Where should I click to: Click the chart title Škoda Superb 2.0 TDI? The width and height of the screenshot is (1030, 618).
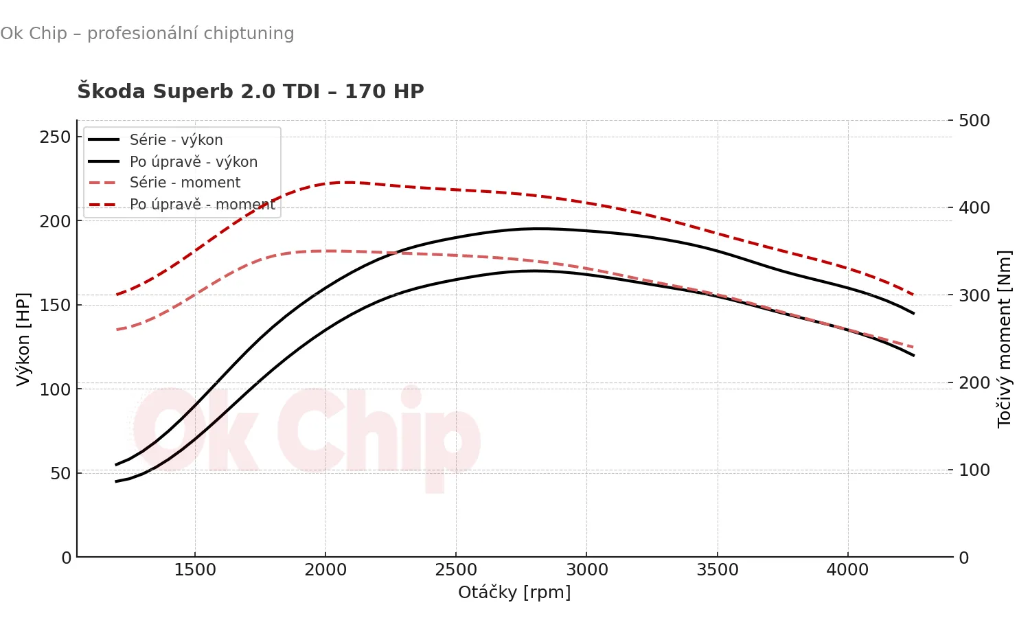[251, 91]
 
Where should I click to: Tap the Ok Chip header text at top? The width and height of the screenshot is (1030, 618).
[147, 34]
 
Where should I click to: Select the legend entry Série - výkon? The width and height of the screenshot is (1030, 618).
[176, 140]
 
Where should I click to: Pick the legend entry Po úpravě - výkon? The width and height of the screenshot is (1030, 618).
[194, 162]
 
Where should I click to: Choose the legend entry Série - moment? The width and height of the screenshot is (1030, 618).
[185, 183]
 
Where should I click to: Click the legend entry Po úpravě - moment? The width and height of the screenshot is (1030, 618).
[203, 205]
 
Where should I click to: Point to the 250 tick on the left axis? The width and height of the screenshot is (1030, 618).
[55, 137]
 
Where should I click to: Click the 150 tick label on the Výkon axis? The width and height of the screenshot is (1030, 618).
[55, 305]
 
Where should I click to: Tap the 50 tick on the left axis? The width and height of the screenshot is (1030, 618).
[60, 473]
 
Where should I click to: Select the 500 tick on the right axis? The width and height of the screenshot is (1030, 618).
[974, 121]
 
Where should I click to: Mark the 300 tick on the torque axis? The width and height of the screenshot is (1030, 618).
[974, 295]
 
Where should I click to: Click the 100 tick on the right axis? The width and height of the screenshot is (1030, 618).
[974, 470]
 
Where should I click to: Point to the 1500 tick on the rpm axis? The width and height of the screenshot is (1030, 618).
[195, 570]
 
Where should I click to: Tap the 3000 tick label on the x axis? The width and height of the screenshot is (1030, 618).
[587, 570]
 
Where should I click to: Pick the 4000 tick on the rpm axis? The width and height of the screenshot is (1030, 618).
[848, 570]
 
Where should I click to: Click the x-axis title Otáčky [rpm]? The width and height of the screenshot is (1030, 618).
[514, 592]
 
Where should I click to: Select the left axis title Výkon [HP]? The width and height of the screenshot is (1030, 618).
[23, 339]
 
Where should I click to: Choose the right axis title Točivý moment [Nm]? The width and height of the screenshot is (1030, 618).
[1005, 339]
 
